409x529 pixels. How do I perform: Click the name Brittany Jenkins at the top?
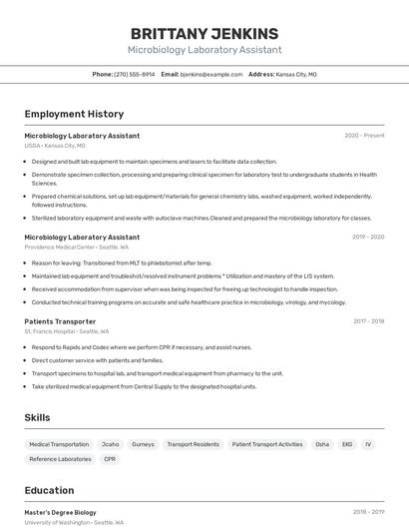coord(204,33)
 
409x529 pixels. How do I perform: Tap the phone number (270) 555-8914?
coord(134,74)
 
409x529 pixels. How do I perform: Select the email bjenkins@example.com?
coord(211,74)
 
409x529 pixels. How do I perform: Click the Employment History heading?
coord(74,114)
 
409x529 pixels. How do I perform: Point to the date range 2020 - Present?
coord(364,136)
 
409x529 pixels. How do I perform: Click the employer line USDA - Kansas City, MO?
coord(55,146)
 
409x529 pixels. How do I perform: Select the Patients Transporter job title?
coord(60,321)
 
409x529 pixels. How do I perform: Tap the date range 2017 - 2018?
coord(368,321)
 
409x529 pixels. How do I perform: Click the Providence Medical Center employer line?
coord(72,248)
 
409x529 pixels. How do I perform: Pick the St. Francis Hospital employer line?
coord(67,331)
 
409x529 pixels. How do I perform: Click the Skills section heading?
coord(37,417)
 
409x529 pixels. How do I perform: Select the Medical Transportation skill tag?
coord(59,444)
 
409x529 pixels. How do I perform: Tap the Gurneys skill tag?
coord(143,444)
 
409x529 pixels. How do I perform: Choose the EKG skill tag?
coord(347,444)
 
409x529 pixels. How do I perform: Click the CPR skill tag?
coord(110,459)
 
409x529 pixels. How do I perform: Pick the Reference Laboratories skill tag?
coord(60,459)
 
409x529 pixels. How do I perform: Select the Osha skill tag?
coord(322,444)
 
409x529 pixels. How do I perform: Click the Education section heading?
coord(49,490)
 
